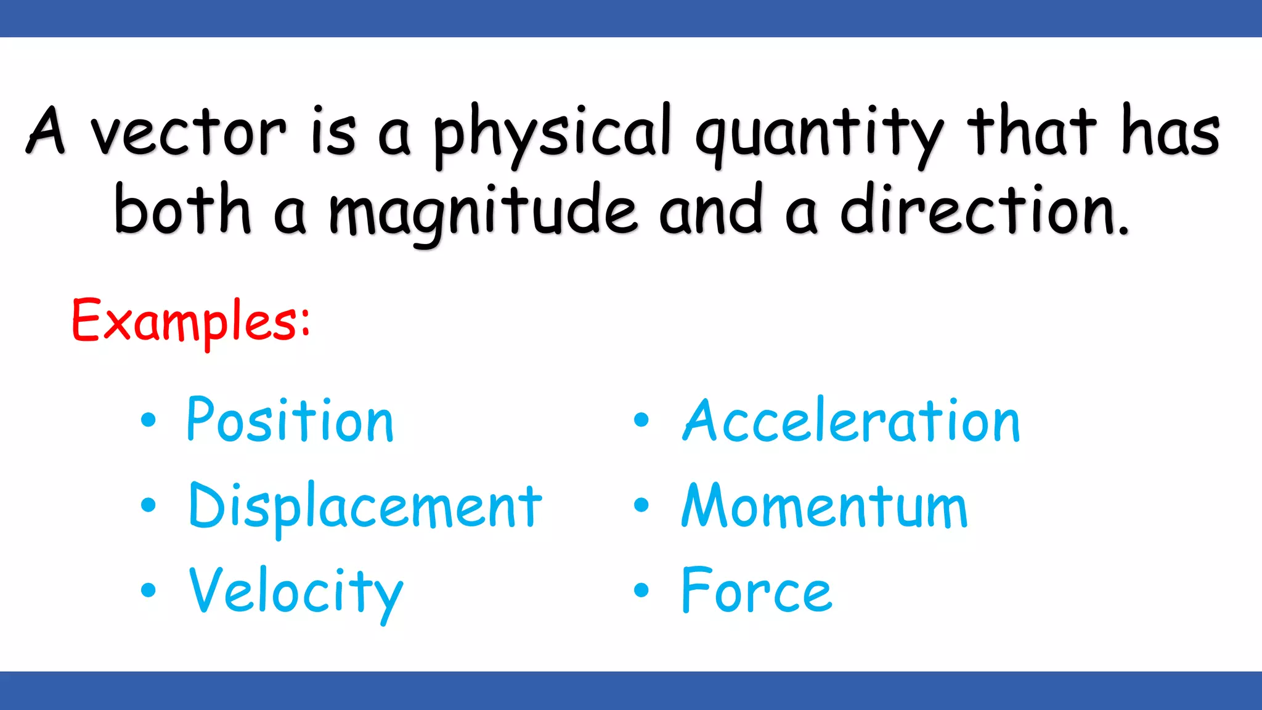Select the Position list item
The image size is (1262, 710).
pos(290,420)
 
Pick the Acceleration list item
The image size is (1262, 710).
pos(852,420)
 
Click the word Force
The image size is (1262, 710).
pos(757,590)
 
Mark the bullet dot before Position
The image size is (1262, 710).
pos(149,420)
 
